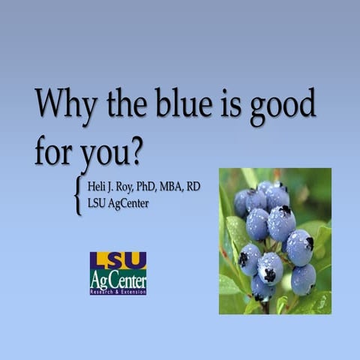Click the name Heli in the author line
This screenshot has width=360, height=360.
click(99, 186)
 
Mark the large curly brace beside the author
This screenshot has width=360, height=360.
click(78, 195)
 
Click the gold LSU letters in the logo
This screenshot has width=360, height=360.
click(118, 260)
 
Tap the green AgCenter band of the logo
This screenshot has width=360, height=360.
click(118, 277)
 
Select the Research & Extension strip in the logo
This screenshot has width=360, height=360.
click(118, 291)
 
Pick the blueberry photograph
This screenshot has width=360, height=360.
click(274, 241)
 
